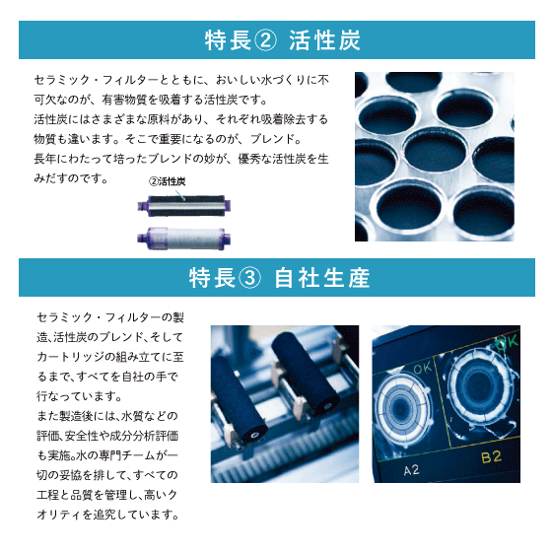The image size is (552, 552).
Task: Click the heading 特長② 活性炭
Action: pyautogui.click(x=282, y=40)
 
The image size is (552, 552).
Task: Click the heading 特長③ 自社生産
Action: pyautogui.click(x=279, y=278)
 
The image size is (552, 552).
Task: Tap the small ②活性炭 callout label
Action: pyautogui.click(x=167, y=181)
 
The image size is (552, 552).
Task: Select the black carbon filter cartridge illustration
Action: pyautogui.click(x=184, y=206)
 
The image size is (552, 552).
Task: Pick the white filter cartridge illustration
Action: pyautogui.click(x=184, y=239)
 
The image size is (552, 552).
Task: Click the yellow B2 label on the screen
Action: pyautogui.click(x=491, y=457)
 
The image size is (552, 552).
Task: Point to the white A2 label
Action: pyautogui.click(x=411, y=470)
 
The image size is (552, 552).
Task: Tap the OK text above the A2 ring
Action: pyautogui.click(x=423, y=369)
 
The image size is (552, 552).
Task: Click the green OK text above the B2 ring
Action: pyautogui.click(x=507, y=342)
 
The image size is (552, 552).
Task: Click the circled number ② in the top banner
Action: pyautogui.click(x=265, y=40)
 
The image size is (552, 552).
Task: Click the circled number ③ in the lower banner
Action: pyautogui.click(x=249, y=278)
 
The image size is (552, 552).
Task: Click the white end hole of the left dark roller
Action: pyautogui.click(x=254, y=436)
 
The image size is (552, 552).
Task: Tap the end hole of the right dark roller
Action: pyautogui.click(x=327, y=407)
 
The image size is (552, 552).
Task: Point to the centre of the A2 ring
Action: pyautogui.click(x=400, y=408)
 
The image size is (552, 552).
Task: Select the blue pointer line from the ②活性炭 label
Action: pyautogui.click(x=179, y=195)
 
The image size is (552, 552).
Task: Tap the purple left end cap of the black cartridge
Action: pyautogui.click(x=143, y=206)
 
